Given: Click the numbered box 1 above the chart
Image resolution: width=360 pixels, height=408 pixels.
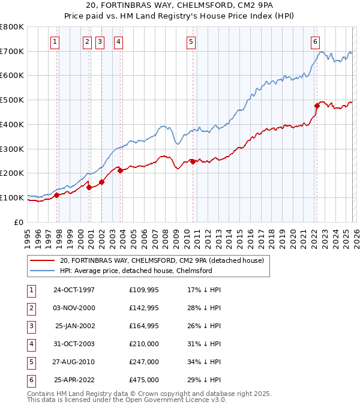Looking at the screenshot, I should (55, 41).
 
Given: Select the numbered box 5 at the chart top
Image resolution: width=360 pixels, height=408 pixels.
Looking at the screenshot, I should (191, 41).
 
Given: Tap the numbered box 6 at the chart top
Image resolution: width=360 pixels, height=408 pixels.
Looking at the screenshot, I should (315, 41).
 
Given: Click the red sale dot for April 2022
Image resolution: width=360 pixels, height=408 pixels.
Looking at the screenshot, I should (317, 106).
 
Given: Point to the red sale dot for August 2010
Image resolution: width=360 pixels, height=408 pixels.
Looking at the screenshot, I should (193, 161).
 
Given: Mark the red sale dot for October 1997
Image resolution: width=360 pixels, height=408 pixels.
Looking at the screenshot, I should (57, 195).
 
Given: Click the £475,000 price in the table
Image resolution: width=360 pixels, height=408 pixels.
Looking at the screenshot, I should (144, 379).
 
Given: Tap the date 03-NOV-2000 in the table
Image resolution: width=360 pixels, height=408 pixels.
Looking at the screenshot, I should (74, 307).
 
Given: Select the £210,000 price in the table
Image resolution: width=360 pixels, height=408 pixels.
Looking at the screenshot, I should (144, 343).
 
